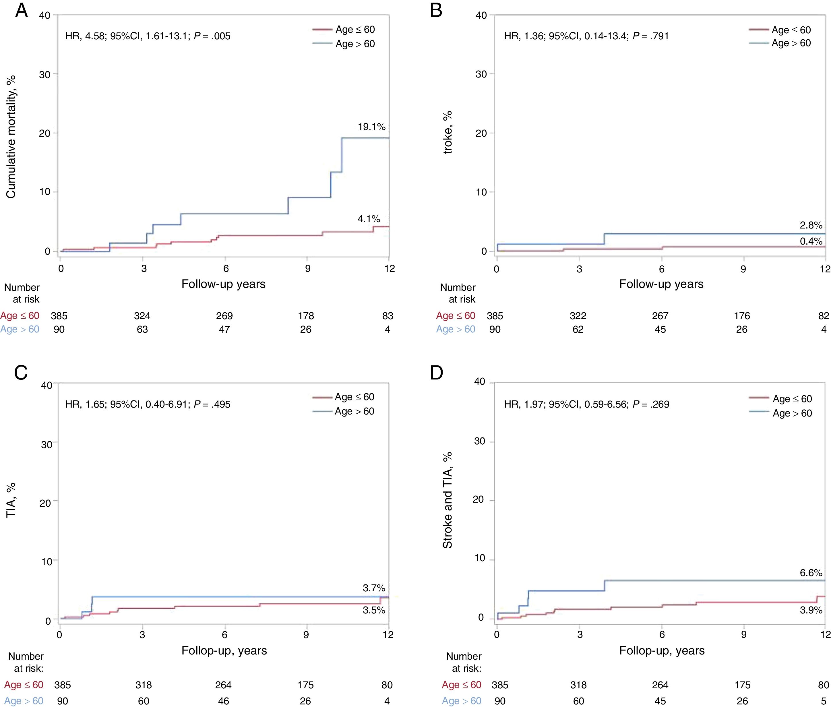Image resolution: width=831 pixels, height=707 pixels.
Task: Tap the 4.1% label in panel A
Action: (368, 219)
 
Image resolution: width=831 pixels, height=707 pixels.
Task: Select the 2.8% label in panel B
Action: (811, 225)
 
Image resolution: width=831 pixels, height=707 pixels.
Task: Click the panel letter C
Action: (21, 373)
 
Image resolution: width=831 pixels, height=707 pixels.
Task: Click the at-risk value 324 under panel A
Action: (142, 316)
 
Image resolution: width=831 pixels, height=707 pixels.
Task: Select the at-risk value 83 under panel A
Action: (387, 316)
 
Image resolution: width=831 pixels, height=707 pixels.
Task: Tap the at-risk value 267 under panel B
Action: (660, 316)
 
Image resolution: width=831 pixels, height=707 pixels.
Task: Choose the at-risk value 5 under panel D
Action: (823, 701)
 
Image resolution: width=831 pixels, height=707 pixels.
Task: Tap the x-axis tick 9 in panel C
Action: (306, 635)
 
